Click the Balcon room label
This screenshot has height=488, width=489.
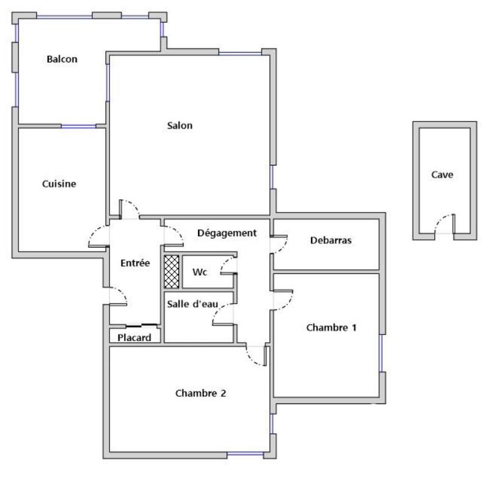click(x=62, y=59)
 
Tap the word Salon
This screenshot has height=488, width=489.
click(x=180, y=126)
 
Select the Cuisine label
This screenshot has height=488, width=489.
click(x=59, y=183)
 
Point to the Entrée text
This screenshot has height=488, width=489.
click(x=135, y=263)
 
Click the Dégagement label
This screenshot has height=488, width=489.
click(x=226, y=233)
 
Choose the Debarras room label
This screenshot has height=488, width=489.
click(x=331, y=240)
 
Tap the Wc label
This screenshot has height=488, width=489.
click(x=199, y=272)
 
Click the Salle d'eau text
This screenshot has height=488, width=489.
click(x=192, y=304)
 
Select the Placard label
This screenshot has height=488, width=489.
click(x=134, y=338)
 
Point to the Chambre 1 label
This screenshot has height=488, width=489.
click(x=331, y=328)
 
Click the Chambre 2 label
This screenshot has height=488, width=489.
click(x=200, y=393)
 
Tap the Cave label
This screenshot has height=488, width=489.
click(x=442, y=175)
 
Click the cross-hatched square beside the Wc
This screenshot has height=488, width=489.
click(x=172, y=272)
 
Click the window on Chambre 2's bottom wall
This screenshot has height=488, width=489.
click(x=245, y=454)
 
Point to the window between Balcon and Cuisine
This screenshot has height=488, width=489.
click(x=78, y=126)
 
